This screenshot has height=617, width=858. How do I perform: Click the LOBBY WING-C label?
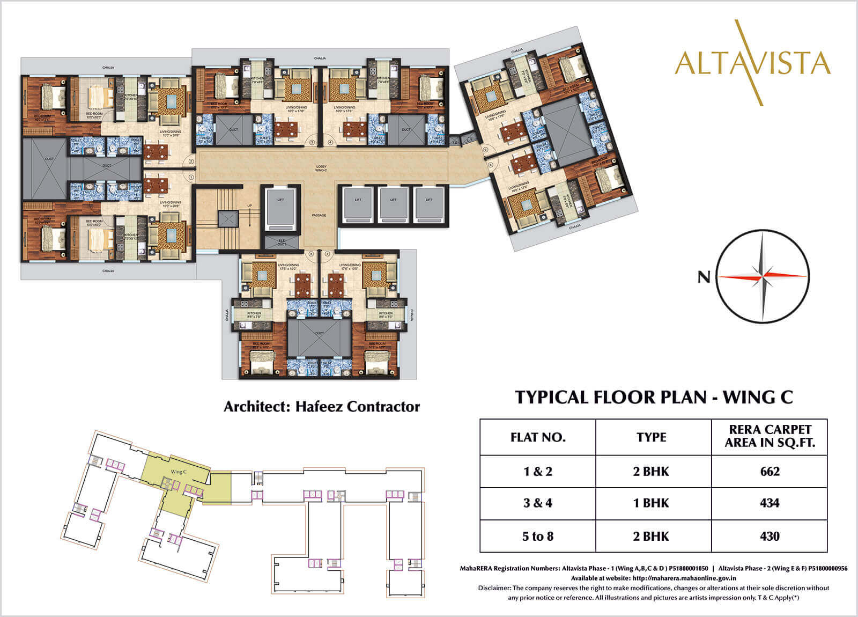point(321,168)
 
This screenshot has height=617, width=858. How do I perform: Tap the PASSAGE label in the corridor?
point(319,215)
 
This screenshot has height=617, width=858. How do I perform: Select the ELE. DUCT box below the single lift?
point(282,242)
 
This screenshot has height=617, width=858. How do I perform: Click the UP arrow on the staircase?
point(249,205)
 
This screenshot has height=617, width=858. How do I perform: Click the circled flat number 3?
point(312,142)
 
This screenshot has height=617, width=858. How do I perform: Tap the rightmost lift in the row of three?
point(429,204)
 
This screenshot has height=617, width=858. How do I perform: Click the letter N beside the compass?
point(704,277)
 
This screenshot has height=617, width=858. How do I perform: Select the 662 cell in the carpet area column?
point(770,472)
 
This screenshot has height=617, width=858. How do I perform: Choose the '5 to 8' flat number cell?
point(537,536)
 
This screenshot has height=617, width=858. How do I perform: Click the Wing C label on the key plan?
point(179,472)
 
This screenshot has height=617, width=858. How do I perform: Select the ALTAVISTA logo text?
point(753,63)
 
